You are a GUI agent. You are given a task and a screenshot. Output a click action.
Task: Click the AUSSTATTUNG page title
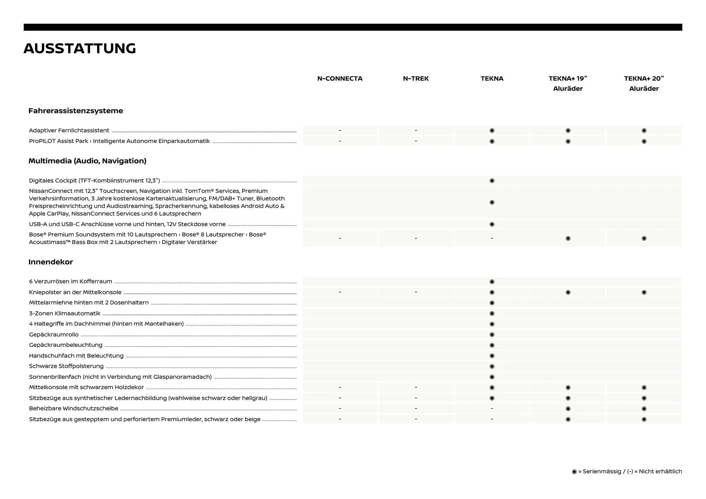point(80,49)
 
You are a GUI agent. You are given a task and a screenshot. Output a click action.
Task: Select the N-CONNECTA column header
point(340,78)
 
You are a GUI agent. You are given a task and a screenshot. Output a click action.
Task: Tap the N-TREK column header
point(416,78)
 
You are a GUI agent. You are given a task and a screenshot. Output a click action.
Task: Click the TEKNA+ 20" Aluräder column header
point(644,83)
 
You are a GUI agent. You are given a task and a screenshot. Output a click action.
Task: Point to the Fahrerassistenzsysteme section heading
point(76,111)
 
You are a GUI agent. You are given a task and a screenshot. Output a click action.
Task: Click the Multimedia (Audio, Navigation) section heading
point(88,161)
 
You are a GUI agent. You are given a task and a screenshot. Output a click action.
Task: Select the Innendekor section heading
point(51,262)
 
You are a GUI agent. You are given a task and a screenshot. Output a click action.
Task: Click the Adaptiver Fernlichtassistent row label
point(69,130)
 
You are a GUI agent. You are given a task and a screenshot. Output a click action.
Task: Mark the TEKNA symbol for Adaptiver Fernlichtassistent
point(492,130)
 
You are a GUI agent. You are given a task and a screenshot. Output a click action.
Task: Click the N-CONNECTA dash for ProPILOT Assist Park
point(340,141)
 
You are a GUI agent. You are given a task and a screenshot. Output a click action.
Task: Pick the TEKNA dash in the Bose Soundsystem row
point(492,238)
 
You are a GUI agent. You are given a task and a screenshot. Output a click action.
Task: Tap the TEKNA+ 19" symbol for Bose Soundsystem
point(568,238)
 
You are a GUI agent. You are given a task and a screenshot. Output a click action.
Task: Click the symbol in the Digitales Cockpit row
point(492,180)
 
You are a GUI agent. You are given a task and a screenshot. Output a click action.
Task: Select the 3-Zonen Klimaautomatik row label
point(65,313)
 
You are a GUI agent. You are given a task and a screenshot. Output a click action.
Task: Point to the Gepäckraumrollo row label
point(54,334)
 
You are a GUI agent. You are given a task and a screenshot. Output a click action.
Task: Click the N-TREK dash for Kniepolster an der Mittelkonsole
point(416,292)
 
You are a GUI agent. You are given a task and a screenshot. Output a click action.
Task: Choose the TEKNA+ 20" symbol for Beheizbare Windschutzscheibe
point(644,409)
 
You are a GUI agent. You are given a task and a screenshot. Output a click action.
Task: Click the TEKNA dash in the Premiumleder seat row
point(492,419)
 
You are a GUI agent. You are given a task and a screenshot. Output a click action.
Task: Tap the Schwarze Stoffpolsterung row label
point(66,366)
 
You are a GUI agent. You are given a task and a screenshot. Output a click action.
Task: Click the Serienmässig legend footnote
point(627,471)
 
